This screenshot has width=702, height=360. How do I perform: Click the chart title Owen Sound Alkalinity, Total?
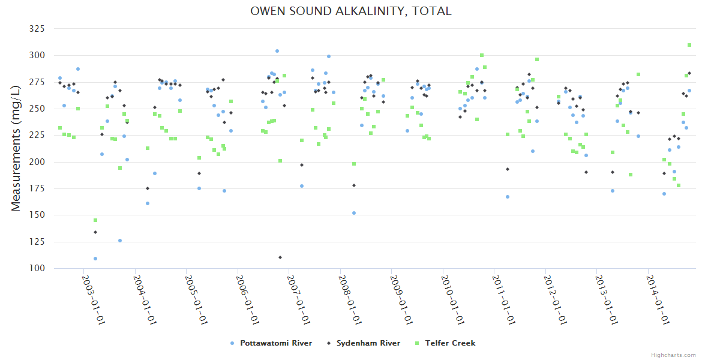350,11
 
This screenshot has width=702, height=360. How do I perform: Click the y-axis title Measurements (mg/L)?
16,148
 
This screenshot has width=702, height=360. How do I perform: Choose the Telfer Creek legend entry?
450,343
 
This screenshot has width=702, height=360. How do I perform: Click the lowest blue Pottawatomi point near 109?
95,259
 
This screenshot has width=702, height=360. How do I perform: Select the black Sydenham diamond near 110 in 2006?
280,257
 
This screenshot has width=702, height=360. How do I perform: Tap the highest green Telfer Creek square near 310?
689,45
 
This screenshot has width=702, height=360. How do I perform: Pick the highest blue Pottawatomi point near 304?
277,51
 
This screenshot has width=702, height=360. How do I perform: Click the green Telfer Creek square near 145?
95,220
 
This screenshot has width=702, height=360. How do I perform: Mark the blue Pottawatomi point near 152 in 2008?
354,213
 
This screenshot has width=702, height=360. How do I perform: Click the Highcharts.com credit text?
673,355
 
